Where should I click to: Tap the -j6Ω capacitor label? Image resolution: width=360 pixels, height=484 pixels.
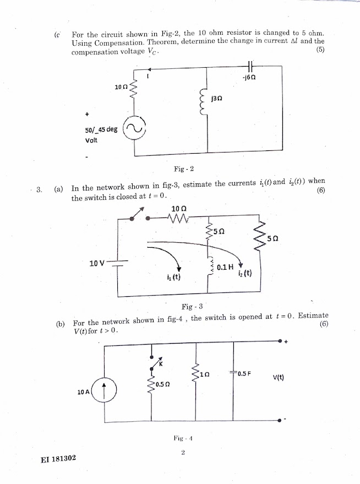point(249,78)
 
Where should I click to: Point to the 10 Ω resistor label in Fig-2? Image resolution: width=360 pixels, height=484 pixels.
point(121,88)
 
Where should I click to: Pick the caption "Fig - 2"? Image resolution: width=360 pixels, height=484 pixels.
point(183,168)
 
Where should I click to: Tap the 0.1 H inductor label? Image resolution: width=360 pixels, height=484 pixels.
point(226,267)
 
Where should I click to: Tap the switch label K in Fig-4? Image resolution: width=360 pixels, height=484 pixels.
point(161,364)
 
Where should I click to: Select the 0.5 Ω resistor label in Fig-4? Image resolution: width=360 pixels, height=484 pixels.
point(162,384)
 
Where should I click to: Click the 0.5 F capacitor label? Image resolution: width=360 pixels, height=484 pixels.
point(244,373)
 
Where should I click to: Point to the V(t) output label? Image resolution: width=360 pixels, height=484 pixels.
point(278,378)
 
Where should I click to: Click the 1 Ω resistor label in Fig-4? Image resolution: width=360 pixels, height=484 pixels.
point(205,374)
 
